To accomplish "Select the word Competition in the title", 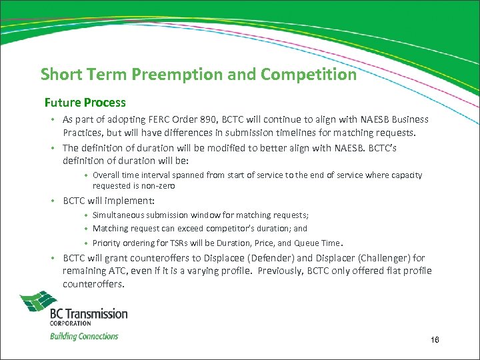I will (x=309, y=75).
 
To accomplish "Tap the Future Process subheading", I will (x=85, y=103).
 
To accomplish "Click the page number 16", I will (x=435, y=340).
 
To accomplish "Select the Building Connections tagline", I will (x=84, y=336).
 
